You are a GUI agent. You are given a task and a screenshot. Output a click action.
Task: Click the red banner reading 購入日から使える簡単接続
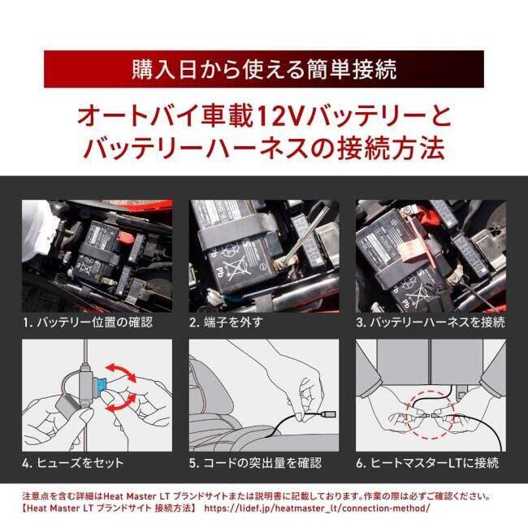(264, 69)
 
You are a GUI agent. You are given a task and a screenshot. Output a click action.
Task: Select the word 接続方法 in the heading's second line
(395, 149)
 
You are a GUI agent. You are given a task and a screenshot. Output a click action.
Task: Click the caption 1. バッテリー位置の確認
(87, 322)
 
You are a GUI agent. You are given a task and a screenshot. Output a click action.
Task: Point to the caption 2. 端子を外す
(225, 322)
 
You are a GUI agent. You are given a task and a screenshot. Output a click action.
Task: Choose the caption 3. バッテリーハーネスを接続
(431, 322)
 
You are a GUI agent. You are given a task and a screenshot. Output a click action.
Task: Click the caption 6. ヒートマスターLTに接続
(427, 462)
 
